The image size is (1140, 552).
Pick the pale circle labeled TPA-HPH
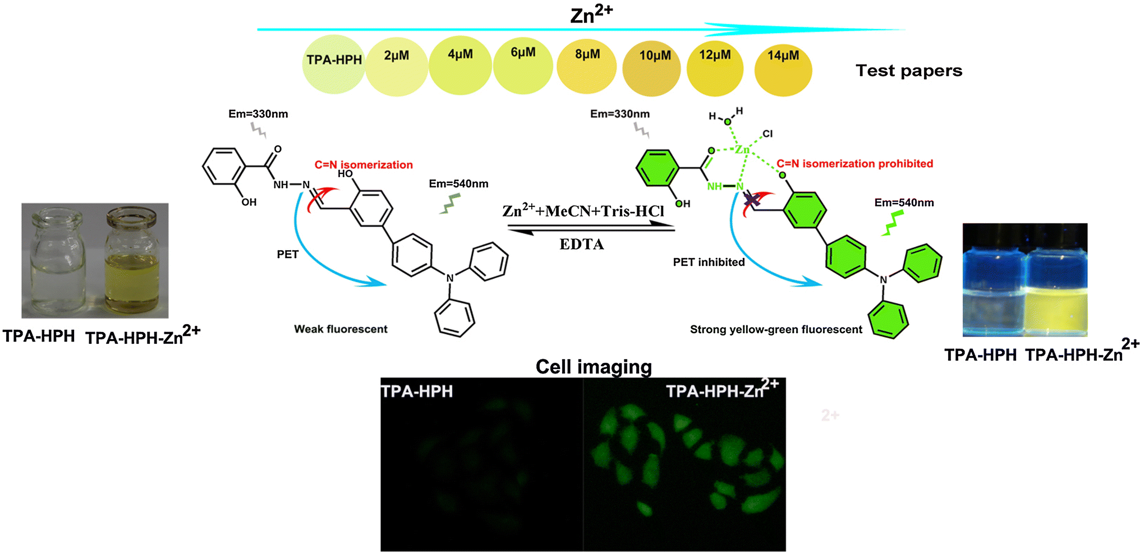pyautogui.click(x=334, y=64)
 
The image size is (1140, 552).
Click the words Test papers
pyautogui.click(x=909, y=71)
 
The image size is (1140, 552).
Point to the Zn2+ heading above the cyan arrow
pyautogui.click(x=591, y=15)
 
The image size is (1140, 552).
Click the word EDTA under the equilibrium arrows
pyautogui.click(x=582, y=245)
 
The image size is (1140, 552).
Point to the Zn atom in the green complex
pyautogui.click(x=742, y=149)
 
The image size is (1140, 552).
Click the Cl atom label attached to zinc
pyautogui.click(x=767, y=134)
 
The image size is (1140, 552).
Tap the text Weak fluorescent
pyautogui.click(x=341, y=329)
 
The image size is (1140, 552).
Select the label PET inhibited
pyautogui.click(x=709, y=262)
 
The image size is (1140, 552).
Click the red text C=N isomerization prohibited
pyautogui.click(x=854, y=164)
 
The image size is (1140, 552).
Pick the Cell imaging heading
pyautogui.click(x=594, y=367)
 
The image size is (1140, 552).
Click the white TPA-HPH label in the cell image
pyautogui.click(x=417, y=391)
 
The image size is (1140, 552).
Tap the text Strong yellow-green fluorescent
pyautogui.click(x=776, y=330)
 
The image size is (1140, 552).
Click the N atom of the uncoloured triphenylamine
pyautogui.click(x=449, y=278)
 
